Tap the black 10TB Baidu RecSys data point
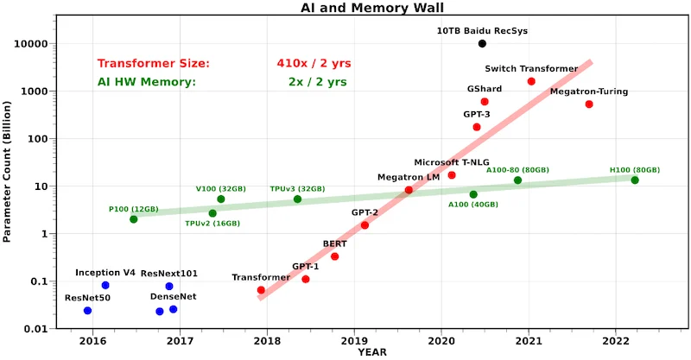pos(482,43)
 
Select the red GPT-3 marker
pos(477,127)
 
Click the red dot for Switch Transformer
pos(531,81)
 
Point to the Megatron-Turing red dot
pos(589,104)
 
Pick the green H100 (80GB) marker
pos(635,180)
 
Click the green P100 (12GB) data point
pos(133,219)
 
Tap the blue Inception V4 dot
pos(105,285)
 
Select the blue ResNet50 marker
pos(87,311)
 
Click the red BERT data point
pos(335,256)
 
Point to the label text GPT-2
pos(365,212)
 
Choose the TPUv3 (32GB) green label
pos(297,188)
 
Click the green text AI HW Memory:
pos(147,82)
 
